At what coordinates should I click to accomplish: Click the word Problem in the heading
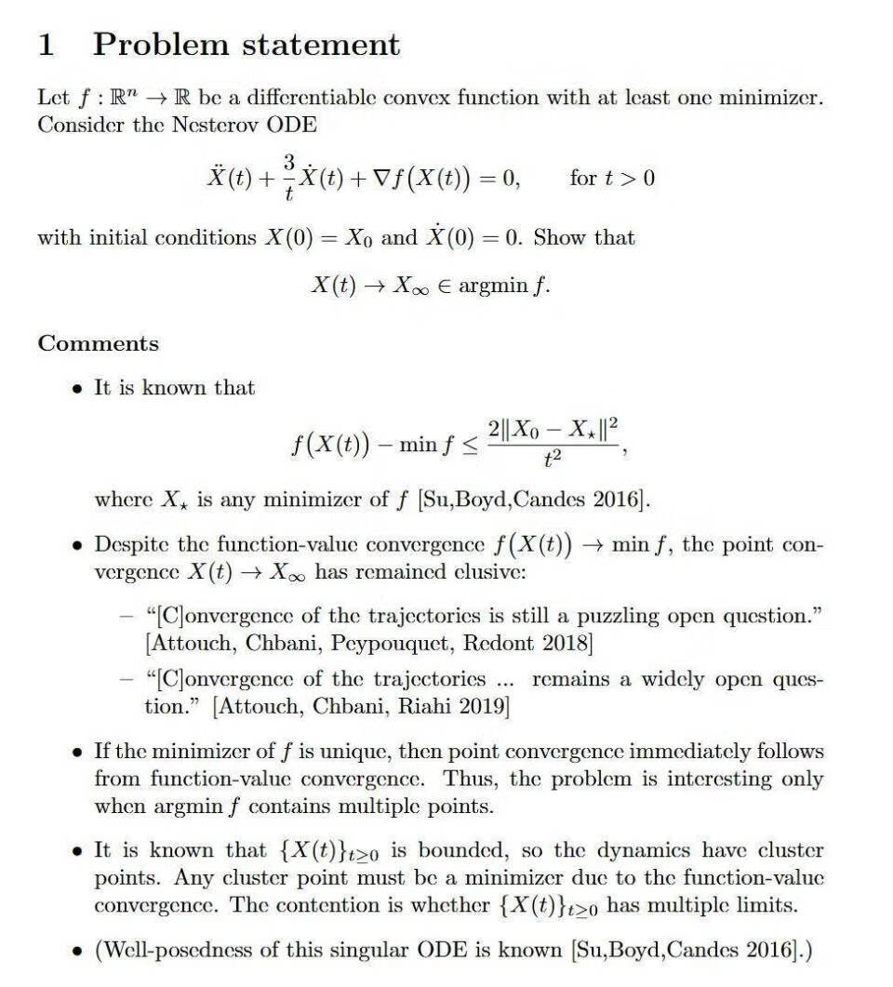tap(161, 45)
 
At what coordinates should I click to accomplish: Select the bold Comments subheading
tap(99, 343)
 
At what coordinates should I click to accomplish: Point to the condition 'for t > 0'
tap(611, 177)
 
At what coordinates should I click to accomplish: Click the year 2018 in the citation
tap(566, 643)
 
